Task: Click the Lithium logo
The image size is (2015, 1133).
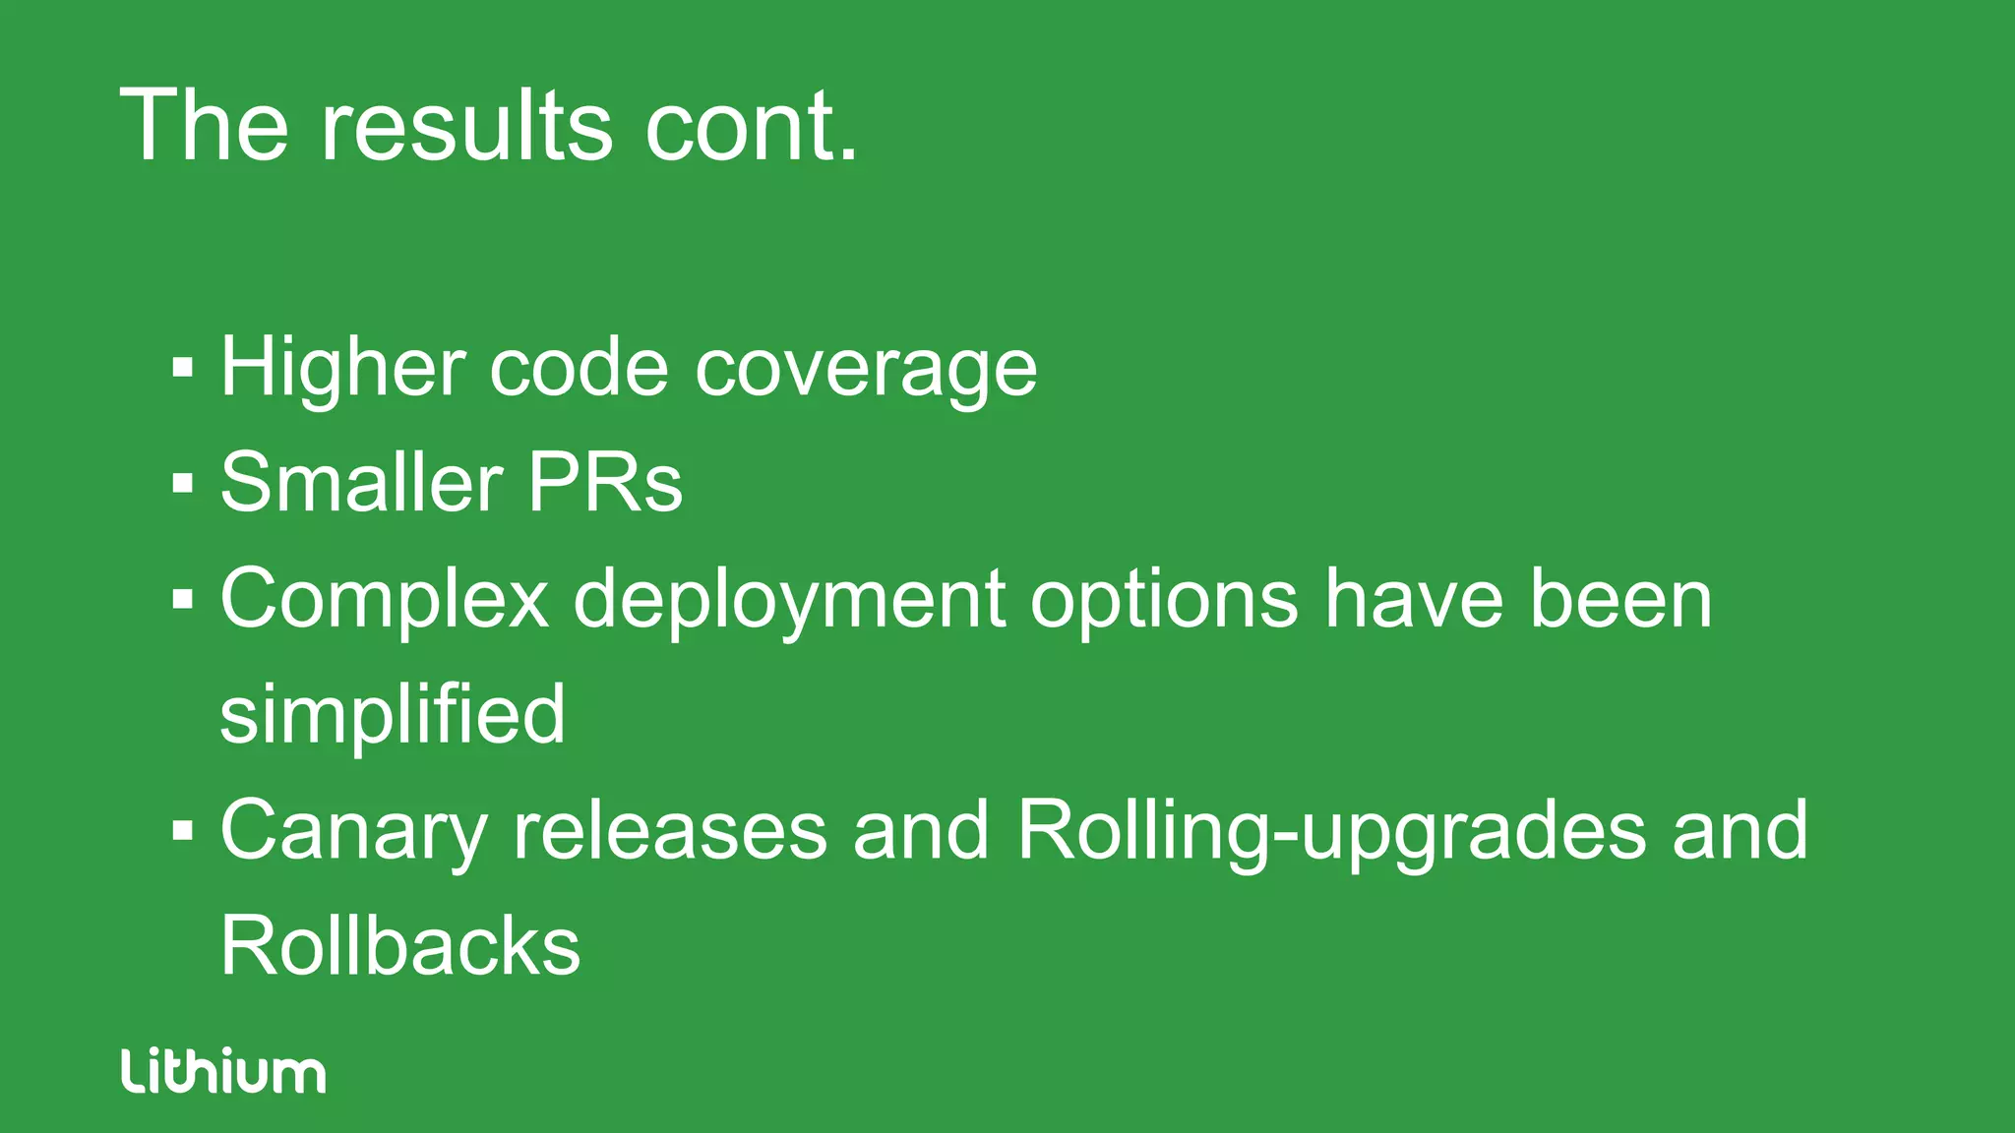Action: (x=223, y=1071)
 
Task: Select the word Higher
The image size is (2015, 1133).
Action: (x=341, y=368)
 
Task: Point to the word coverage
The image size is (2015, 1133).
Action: (x=866, y=370)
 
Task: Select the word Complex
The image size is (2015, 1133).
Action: (x=384, y=600)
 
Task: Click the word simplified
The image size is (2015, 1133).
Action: (x=392, y=715)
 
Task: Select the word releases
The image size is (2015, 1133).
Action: (x=670, y=831)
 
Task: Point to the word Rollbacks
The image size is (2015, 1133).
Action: (x=399, y=946)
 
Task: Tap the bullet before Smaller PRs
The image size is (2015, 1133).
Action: (x=182, y=484)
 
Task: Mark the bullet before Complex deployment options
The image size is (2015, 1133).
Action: (x=182, y=599)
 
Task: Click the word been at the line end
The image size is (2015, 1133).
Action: (x=1620, y=600)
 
